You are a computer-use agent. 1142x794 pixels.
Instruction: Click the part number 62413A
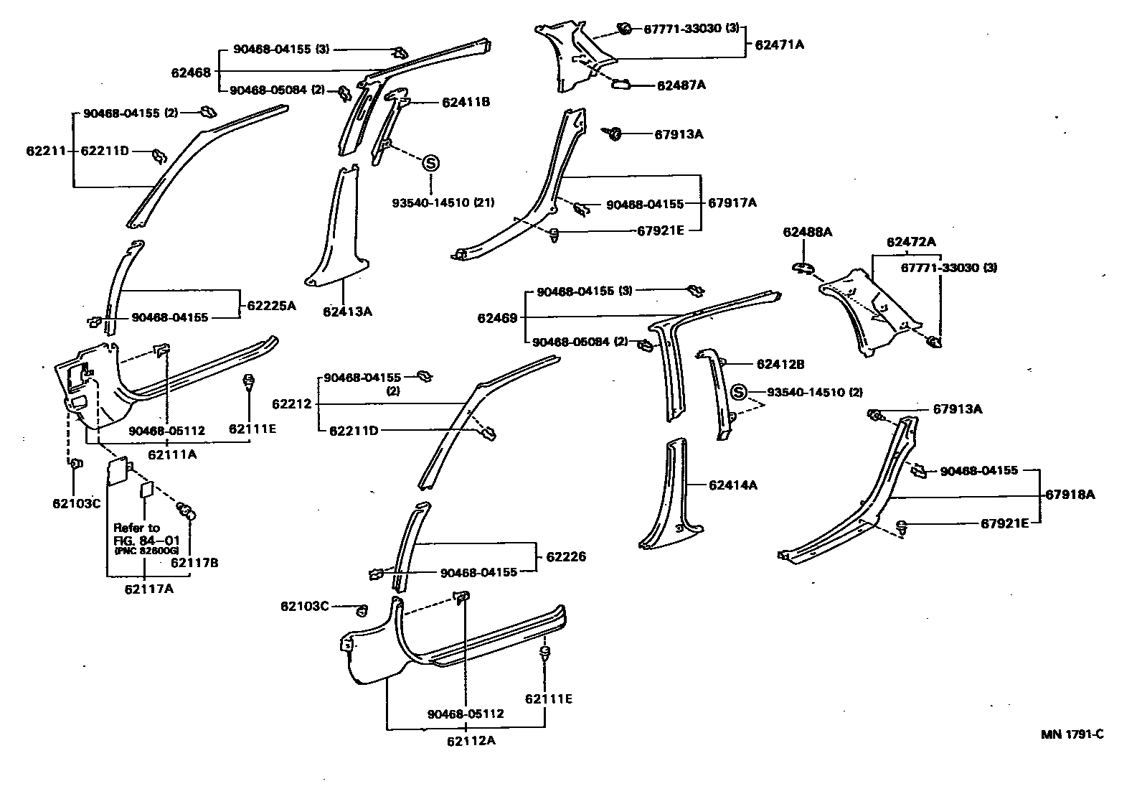click(x=347, y=312)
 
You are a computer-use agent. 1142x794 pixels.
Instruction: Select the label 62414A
click(x=732, y=485)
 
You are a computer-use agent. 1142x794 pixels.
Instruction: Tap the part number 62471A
click(x=779, y=45)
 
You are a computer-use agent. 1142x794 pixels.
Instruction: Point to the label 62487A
click(x=681, y=85)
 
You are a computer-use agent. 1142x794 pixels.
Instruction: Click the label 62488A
click(x=807, y=232)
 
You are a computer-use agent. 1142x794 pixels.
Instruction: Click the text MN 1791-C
click(x=1072, y=734)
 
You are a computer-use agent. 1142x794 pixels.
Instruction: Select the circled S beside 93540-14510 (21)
click(x=430, y=163)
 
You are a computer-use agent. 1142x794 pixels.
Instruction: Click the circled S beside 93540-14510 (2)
click(x=740, y=393)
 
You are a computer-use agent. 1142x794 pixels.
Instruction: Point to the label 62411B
click(x=466, y=103)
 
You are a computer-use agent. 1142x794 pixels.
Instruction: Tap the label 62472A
click(x=910, y=242)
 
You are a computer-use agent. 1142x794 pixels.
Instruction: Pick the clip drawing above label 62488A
click(x=803, y=268)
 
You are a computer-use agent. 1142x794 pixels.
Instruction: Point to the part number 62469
click(x=497, y=317)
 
